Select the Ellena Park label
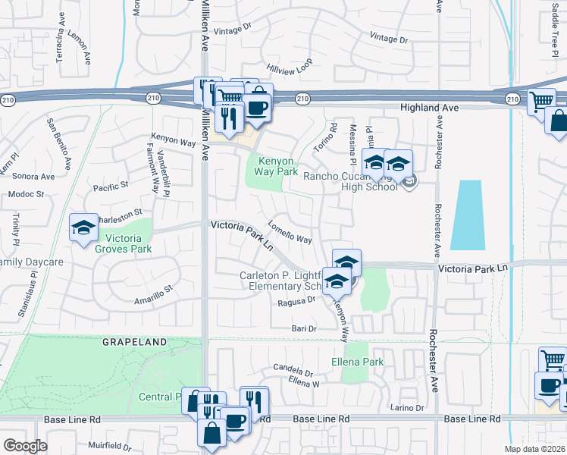tap(362, 362)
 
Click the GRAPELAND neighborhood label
tap(135, 342)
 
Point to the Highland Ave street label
tap(429, 108)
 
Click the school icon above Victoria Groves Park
tap(83, 227)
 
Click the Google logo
tap(25, 446)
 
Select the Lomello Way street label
tap(290, 236)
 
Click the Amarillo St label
tap(154, 293)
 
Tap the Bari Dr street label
tap(304, 328)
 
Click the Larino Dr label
tap(407, 408)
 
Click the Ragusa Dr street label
tap(296, 300)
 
